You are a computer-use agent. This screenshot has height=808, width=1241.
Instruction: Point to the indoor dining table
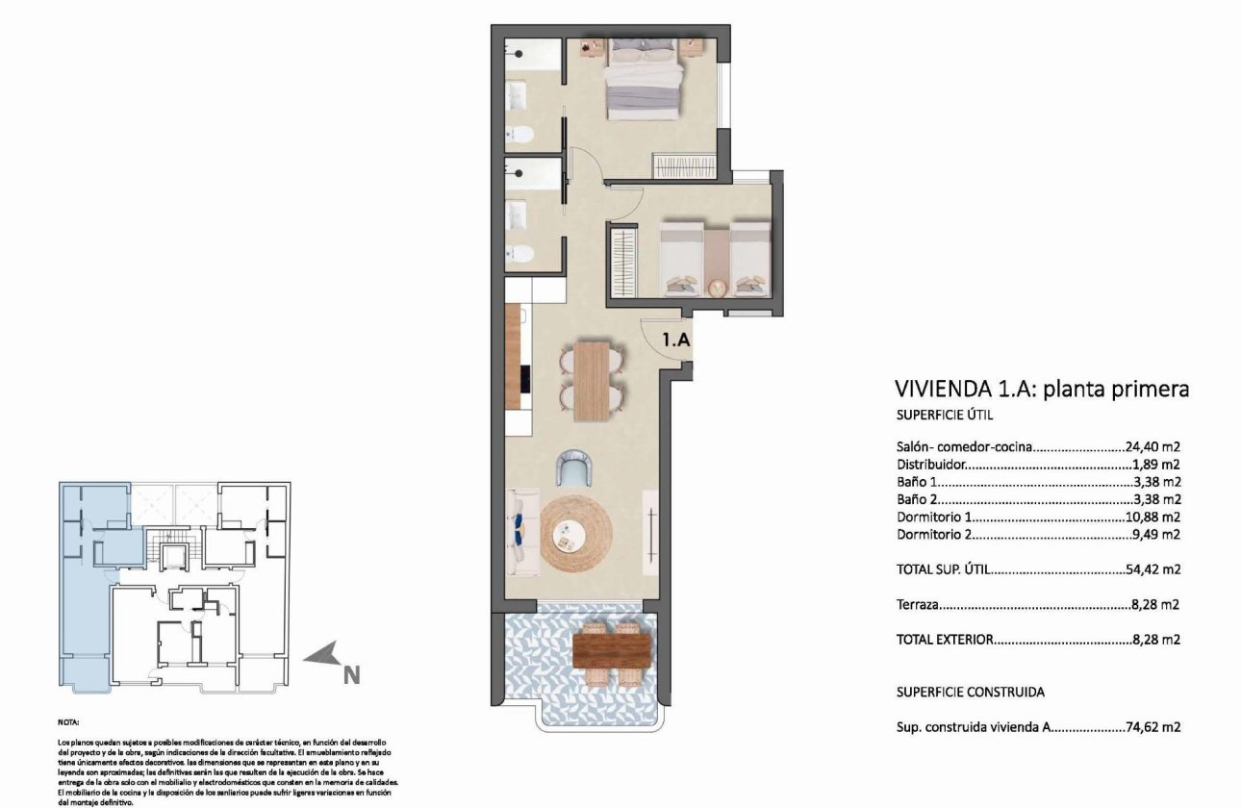tap(592, 381)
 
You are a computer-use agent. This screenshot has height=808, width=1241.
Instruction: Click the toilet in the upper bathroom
tap(520, 134)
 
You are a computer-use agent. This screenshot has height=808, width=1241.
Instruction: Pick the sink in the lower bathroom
tap(519, 215)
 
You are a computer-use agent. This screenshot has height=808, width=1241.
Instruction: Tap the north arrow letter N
tap(351, 676)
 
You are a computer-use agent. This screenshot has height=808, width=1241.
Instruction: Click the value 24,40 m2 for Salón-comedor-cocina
tap(1152, 447)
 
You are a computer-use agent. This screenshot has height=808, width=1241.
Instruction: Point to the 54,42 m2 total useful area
tap(1152, 569)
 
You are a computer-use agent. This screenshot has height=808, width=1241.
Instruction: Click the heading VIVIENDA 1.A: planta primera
tap(1042, 389)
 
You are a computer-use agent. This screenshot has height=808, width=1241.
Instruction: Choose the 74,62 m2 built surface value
tap(1152, 728)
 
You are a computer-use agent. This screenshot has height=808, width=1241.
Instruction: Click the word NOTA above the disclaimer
tap(68, 720)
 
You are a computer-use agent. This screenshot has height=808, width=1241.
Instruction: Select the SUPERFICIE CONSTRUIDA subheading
tap(970, 692)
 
